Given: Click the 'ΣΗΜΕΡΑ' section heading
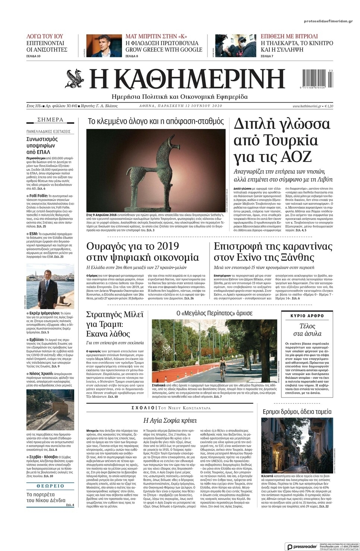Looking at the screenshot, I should [x=50, y=120].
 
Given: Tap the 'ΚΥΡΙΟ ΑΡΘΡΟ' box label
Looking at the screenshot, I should [x=307, y=316].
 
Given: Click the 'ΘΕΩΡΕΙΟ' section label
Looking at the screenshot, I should [x=50, y=486].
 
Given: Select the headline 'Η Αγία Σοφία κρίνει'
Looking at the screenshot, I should [x=170, y=421].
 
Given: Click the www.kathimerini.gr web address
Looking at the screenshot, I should [x=307, y=106].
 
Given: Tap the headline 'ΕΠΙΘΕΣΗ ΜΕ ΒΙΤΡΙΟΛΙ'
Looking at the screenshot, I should [x=289, y=36].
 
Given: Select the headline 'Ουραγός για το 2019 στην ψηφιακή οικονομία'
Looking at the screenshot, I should [x=143, y=252].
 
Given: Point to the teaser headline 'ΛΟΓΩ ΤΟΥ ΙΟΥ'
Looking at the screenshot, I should [x=45, y=36].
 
